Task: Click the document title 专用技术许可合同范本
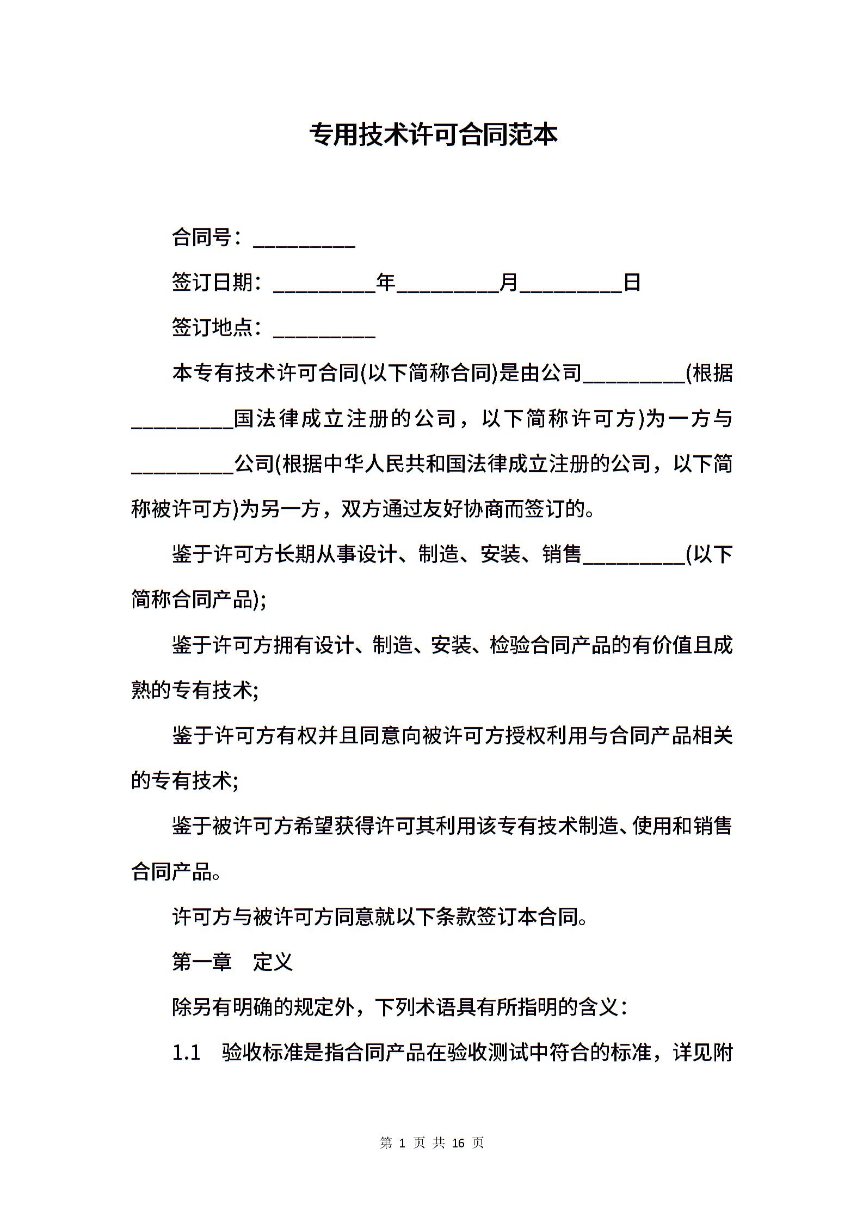434,135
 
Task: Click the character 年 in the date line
386,283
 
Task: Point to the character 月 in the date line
509,283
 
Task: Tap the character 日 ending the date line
632,283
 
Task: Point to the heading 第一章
202,962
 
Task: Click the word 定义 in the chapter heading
273,962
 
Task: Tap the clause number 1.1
186,1053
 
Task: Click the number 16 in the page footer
458,1142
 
